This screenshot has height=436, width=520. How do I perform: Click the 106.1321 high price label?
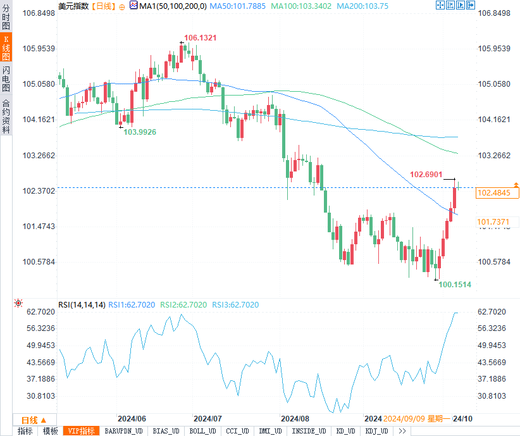click(x=200, y=38)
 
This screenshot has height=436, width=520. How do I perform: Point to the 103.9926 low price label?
click(x=140, y=132)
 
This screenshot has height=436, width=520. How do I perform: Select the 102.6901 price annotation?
click(x=425, y=174)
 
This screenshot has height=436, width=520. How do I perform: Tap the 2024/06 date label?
click(x=132, y=419)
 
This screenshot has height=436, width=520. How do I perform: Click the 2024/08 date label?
click(x=295, y=419)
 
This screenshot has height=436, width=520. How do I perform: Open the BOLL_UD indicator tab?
click(x=202, y=431)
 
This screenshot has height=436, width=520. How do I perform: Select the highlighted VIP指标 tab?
click(x=82, y=431)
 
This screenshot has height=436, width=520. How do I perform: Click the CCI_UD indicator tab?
click(x=237, y=431)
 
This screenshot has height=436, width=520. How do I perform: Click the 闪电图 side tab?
click(x=6, y=78)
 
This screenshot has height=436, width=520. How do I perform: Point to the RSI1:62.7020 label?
click(x=131, y=305)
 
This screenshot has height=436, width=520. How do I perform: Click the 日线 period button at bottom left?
click(x=35, y=420)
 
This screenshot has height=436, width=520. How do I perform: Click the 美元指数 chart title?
click(x=73, y=6)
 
